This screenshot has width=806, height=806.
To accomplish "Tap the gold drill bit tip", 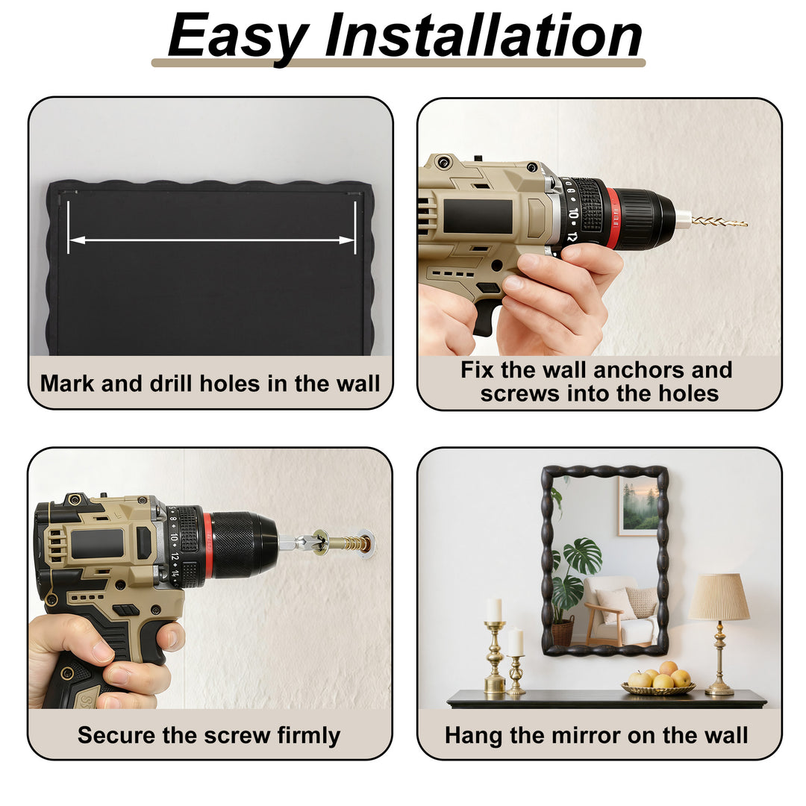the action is pos(745,224).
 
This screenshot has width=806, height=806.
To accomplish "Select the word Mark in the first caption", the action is pos(67,384).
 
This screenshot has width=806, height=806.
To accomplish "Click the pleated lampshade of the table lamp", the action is pos(719,597).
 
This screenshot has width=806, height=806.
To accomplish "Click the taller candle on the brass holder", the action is pos(495,610).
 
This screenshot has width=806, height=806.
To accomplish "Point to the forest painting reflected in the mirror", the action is pos(638,506).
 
